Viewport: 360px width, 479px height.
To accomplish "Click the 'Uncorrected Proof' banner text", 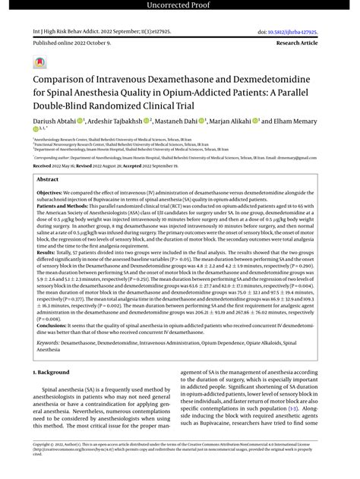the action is coord(179,7).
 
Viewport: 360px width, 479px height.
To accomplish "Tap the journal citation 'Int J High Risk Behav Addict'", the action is coord(65,32).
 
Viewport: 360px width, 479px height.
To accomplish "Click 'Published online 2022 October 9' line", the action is coord(71,45).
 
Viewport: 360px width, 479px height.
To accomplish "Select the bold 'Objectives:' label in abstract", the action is coord(50,194).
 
